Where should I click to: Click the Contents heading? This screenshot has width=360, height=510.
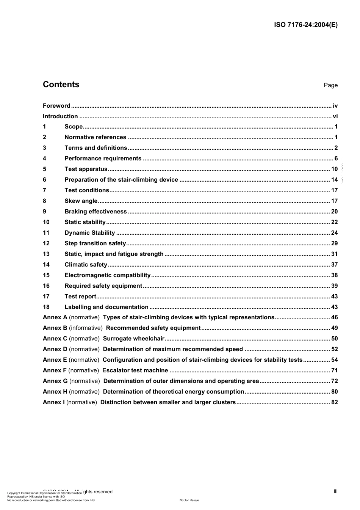(61, 85)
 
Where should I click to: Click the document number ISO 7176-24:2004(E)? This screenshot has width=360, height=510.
(305, 25)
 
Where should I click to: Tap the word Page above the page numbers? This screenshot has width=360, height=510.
(330, 85)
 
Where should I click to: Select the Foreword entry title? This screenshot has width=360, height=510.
(56, 106)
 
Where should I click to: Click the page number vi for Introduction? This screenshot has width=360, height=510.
(335, 116)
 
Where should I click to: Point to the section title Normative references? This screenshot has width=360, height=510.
(95, 137)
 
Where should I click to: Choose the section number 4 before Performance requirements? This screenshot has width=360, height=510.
(44, 158)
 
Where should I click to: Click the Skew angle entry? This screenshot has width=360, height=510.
(81, 201)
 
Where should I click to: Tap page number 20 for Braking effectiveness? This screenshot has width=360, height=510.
(334, 212)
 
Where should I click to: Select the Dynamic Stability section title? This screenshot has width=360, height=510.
(89, 233)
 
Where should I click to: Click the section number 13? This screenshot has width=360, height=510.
(46, 254)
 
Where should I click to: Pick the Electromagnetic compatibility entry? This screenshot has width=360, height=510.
(108, 275)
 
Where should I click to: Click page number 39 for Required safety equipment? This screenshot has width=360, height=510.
(334, 286)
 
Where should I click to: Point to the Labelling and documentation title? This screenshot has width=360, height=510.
(106, 307)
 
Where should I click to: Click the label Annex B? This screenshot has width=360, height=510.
(55, 328)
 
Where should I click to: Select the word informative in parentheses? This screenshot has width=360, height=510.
(86, 328)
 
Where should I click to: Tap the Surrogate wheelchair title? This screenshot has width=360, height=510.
(133, 339)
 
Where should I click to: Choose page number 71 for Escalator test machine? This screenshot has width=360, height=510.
(334, 370)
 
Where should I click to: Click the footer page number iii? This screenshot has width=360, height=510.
(335, 491)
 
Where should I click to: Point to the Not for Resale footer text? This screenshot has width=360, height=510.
(189, 500)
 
